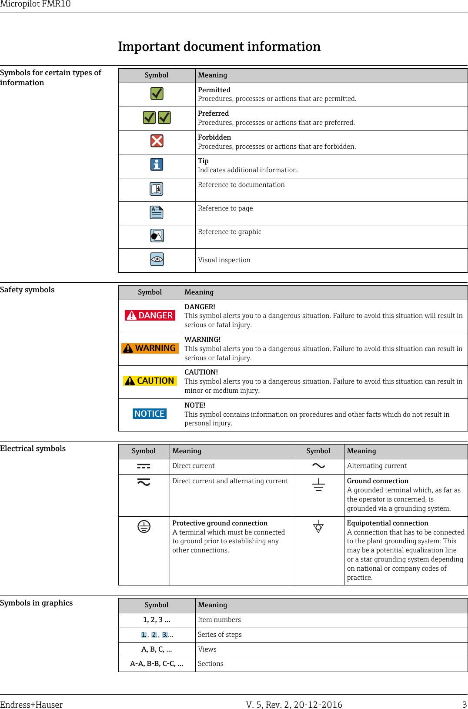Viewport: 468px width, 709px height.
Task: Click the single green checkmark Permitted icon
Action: (x=157, y=94)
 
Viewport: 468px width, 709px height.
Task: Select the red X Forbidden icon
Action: (x=157, y=141)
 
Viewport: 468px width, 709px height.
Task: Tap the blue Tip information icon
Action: (x=157, y=164)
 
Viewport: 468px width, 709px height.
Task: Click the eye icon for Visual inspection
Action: (x=157, y=259)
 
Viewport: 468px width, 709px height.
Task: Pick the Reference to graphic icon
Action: (x=157, y=236)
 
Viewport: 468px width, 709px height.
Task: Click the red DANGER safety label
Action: (x=150, y=315)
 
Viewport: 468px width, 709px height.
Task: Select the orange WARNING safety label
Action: (x=150, y=348)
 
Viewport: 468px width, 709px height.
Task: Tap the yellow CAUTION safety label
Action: (x=150, y=381)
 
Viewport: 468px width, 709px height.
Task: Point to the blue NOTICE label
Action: (x=150, y=414)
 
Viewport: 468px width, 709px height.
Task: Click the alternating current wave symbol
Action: (x=318, y=466)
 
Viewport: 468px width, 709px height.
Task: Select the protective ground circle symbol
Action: (x=144, y=527)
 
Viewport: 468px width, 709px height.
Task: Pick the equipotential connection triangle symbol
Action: (x=318, y=527)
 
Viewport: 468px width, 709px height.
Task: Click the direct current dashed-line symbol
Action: (x=144, y=466)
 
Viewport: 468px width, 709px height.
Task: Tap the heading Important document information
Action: (x=219, y=47)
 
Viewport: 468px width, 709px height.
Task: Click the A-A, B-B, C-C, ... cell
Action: (x=157, y=664)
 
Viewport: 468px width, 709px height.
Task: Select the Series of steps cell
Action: (x=220, y=635)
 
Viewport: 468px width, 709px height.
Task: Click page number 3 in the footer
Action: (x=465, y=705)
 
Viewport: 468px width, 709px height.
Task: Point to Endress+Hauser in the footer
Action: (x=31, y=705)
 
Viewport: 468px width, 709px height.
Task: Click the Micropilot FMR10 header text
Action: (x=35, y=4)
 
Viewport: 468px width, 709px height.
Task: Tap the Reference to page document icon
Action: (x=157, y=212)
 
